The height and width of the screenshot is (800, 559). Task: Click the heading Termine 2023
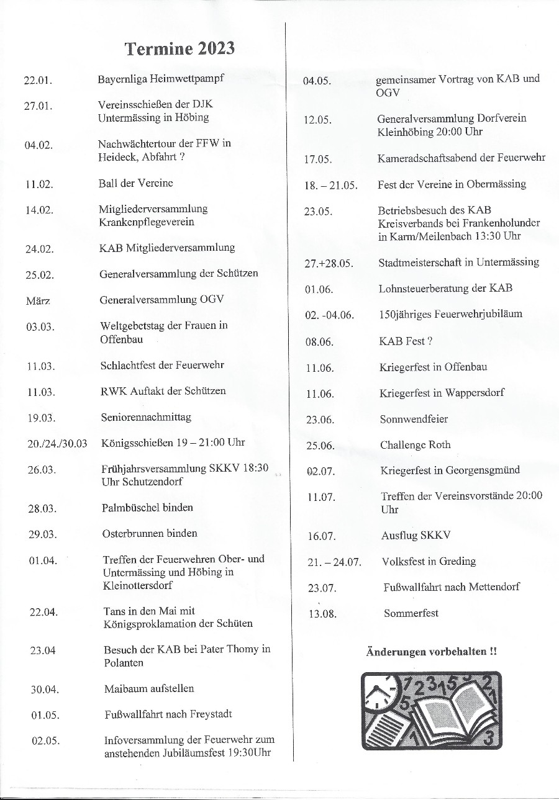(x=180, y=49)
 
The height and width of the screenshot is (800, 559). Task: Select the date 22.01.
(x=38, y=81)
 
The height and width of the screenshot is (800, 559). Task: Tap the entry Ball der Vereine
(x=135, y=183)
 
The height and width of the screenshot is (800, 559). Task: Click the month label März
(x=37, y=301)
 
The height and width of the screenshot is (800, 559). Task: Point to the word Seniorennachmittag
(x=146, y=417)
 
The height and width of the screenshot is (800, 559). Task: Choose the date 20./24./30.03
(x=57, y=443)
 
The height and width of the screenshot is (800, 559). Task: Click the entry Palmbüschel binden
(x=147, y=508)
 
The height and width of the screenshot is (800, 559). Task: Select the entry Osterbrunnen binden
(x=150, y=533)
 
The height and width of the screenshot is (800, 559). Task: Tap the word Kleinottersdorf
(x=137, y=585)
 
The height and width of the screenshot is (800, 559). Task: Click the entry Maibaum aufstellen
(x=149, y=688)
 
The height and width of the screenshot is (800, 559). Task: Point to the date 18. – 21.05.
(x=330, y=186)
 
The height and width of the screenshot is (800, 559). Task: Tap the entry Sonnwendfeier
(x=414, y=419)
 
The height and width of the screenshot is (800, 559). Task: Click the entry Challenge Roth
(x=416, y=445)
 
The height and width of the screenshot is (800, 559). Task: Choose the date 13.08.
(x=322, y=614)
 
